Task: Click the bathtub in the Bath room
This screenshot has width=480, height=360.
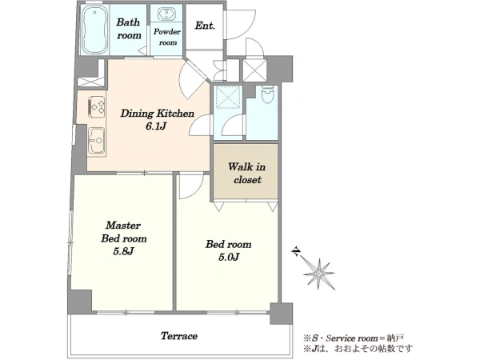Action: tap(94, 30)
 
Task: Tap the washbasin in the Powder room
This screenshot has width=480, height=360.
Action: tap(166, 14)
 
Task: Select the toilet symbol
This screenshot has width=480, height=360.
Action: tap(269, 95)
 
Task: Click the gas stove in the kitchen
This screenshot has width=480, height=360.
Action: tap(97, 106)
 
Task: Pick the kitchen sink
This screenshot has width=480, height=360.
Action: tap(97, 140)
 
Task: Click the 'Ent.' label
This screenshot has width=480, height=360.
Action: tap(205, 26)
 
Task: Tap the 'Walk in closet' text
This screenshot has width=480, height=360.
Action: tap(246, 174)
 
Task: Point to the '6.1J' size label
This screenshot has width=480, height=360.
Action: tap(156, 126)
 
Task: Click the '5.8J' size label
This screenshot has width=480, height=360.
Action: tap(124, 251)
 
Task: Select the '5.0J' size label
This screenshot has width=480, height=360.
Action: tap(228, 257)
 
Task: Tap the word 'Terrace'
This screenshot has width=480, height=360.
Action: tap(179, 336)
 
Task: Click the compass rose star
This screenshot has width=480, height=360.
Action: tap(319, 274)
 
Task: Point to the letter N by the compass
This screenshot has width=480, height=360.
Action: tap(296, 252)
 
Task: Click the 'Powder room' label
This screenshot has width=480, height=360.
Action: tap(167, 37)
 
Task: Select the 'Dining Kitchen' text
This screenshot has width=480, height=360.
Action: tap(157, 114)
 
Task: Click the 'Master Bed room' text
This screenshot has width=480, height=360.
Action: tap(124, 232)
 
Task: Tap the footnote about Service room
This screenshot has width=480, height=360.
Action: tap(354, 338)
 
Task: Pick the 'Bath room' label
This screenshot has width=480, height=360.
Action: tap(129, 29)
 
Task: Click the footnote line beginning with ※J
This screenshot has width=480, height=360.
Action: tap(358, 348)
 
